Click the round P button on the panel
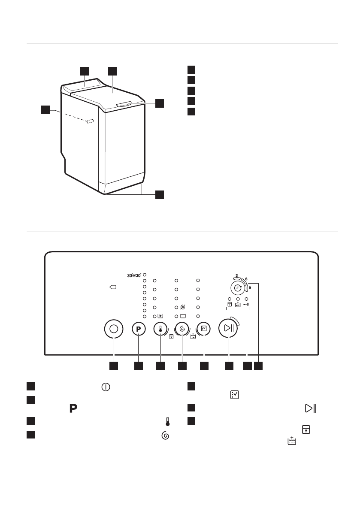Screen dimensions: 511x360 (139, 329)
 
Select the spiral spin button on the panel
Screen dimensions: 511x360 (182, 329)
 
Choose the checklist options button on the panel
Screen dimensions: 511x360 (204, 329)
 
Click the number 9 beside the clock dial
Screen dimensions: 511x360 (250, 288)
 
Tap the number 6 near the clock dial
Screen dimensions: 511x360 (246, 278)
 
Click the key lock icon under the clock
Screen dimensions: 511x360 (247, 304)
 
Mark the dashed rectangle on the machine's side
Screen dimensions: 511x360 (90, 122)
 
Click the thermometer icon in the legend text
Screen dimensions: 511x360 (168, 422)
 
